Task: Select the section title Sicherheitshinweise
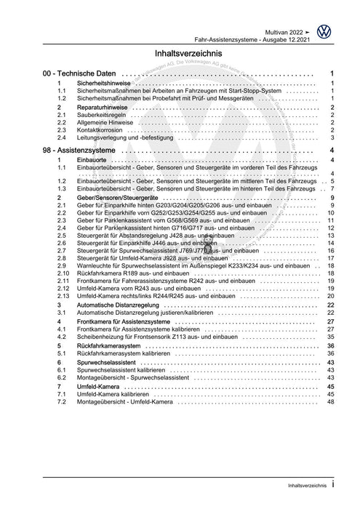tap(105, 84)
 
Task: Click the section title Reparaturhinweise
tap(103, 108)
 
